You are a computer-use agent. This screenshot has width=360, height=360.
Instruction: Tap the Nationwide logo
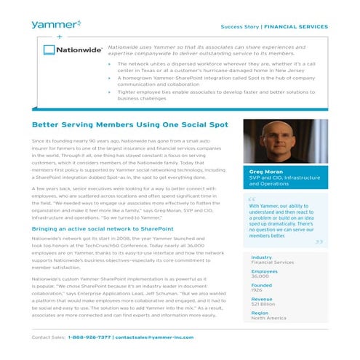pos(71,51)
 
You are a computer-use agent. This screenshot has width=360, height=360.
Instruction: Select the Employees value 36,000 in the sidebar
pos(260,277)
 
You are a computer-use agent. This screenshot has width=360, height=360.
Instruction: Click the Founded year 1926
pos(256,291)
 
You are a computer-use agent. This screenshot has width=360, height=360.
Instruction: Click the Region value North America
pos(268,318)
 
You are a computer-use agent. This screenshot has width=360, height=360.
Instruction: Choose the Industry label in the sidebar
pos(261,257)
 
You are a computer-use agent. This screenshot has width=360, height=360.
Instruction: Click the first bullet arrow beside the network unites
pos(108,64)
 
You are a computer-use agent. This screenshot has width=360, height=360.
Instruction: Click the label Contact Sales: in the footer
pos(49,337)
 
